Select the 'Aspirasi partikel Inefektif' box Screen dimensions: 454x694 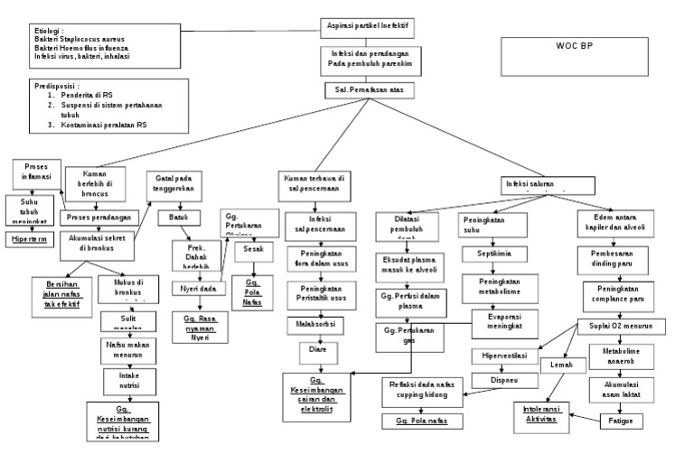tap(367, 27)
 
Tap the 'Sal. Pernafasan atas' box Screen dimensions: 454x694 tap(367, 91)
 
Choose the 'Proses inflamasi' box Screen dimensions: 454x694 tap(37, 173)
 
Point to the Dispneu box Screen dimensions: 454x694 tap(492, 381)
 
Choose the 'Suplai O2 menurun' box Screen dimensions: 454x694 tap(622, 325)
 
